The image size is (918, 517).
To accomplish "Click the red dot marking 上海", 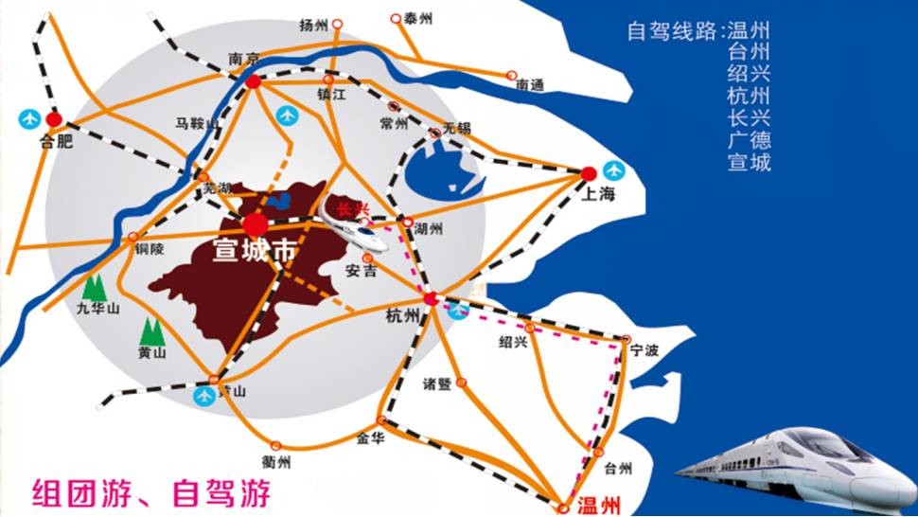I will pos(589,173).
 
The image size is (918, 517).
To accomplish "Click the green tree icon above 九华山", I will pos(93,286).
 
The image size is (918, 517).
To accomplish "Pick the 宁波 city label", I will pos(644,349).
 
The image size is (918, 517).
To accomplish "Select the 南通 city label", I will pos(530,85).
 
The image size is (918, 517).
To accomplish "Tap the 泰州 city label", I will pos(417,19).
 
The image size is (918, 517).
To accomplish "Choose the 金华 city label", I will pos(370,438).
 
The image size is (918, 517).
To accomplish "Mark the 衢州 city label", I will pos(276,462).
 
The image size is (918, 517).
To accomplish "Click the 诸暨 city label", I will pos(437,383).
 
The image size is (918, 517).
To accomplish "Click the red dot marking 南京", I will pos(254,82).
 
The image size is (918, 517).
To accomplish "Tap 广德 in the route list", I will pos(749,140).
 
